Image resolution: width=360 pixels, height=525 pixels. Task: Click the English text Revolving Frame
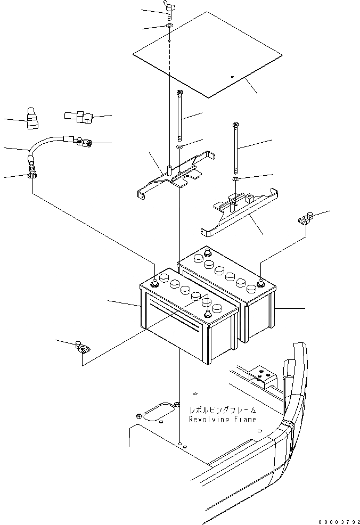(223, 419)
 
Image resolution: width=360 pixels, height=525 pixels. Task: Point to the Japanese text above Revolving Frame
(223, 411)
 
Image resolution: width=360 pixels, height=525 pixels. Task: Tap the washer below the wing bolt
(169, 26)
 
